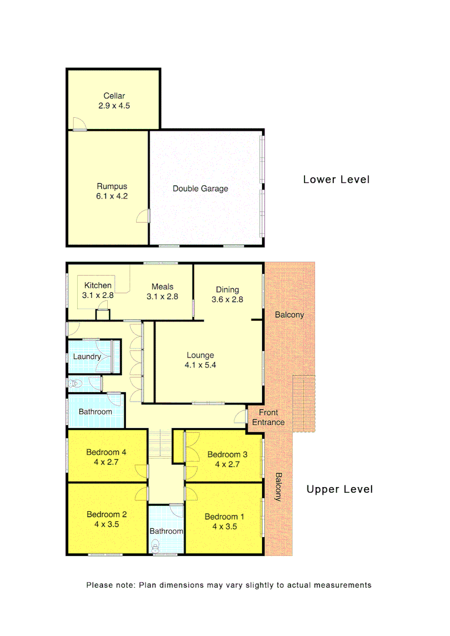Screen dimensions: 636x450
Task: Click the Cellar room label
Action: tap(114, 96)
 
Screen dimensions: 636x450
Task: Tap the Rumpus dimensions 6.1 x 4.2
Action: tap(112, 197)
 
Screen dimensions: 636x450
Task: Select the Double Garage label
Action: tap(200, 189)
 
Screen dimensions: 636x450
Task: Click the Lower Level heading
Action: tap(336, 180)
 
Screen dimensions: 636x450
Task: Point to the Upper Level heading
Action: tap(340, 489)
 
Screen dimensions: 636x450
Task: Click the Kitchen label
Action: tap(98, 286)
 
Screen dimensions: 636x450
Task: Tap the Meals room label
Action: tap(162, 287)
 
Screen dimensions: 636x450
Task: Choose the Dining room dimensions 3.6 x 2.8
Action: tap(227, 299)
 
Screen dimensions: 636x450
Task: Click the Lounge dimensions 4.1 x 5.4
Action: tap(200, 365)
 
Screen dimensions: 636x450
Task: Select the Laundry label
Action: tap(87, 357)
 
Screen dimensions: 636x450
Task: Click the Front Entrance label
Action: tap(269, 418)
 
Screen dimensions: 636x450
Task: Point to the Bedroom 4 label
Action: tap(107, 452)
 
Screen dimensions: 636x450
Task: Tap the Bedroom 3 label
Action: tap(227, 455)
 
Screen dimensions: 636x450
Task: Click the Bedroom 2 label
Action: tap(107, 514)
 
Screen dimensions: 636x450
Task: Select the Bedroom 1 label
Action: tap(224, 517)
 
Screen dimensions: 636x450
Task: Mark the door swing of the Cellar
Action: tap(78, 124)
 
